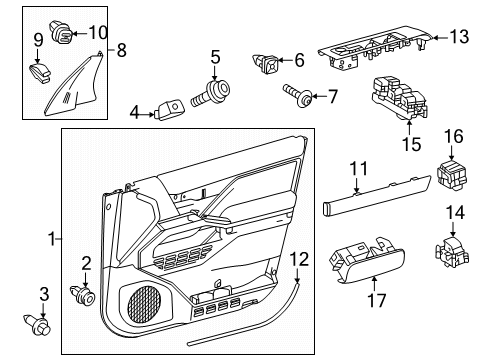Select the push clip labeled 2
[x=83, y=295]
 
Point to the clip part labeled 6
[x=269, y=65]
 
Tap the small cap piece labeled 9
[x=43, y=71]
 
